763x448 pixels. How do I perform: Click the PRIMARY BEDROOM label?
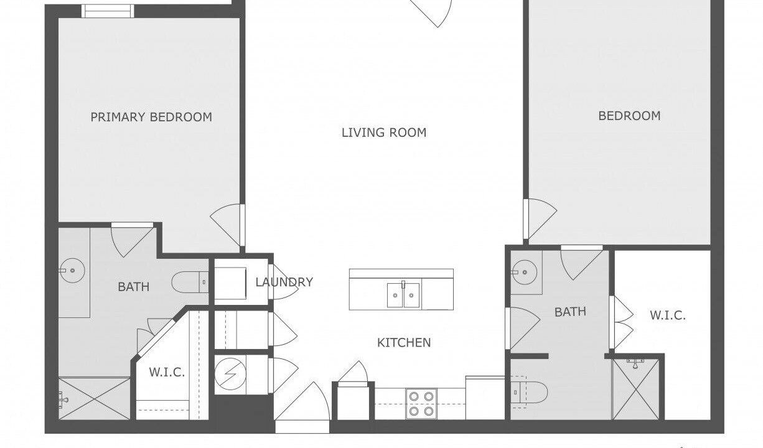[151, 117]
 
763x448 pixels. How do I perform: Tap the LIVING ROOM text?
[384, 133]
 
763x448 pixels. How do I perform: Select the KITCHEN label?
[404, 342]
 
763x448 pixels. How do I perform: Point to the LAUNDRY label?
[284, 282]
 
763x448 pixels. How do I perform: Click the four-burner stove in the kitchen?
[421, 404]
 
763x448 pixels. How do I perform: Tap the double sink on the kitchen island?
[403, 295]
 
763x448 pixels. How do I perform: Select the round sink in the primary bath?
[72, 271]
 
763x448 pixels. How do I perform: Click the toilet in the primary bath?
[190, 282]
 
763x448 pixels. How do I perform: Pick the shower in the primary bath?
[95, 398]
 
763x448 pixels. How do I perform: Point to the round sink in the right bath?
[525, 272]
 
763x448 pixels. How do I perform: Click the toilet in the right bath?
[529, 392]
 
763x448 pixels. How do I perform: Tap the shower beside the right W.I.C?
[635, 390]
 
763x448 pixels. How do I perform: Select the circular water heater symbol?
[230, 374]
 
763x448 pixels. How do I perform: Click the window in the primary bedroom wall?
[108, 11]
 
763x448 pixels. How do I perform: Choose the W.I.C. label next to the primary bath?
[167, 372]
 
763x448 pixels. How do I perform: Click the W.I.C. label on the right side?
[668, 315]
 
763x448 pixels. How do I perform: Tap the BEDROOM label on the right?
[629, 116]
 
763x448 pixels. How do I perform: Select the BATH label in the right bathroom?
[570, 312]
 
